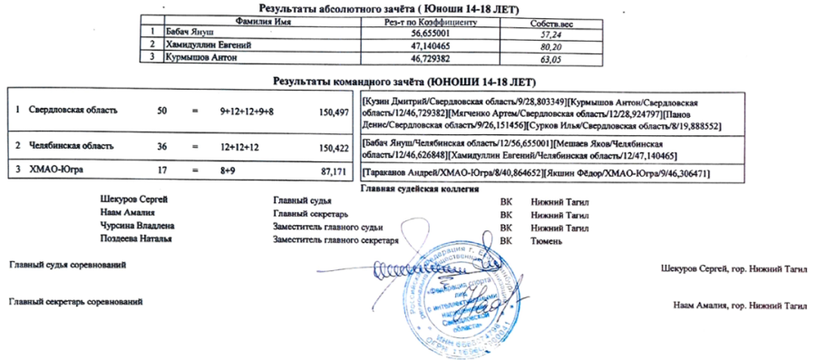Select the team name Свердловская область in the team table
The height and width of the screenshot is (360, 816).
pos(73,111)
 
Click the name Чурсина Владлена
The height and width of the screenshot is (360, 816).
pos(137,226)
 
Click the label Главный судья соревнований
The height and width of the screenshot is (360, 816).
pos(67,264)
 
